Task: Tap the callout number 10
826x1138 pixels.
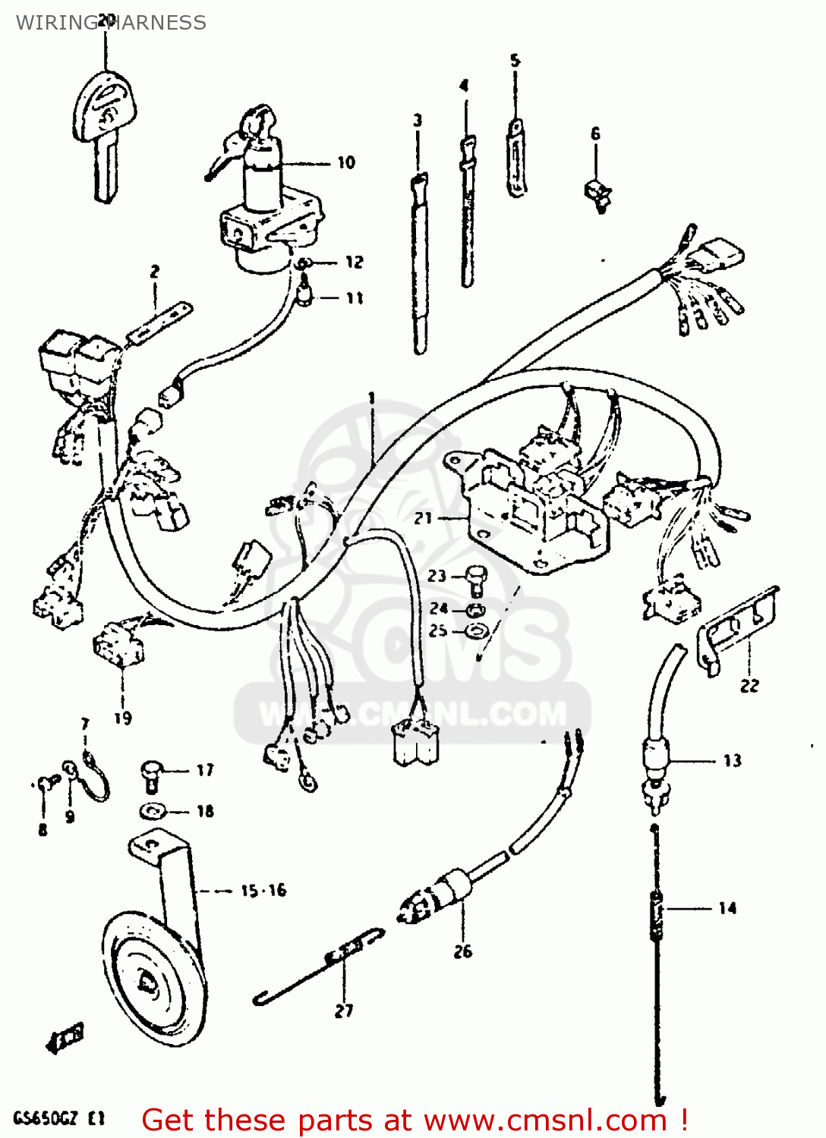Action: (346, 162)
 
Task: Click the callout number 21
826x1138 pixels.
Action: (423, 518)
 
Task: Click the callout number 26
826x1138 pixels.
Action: (462, 951)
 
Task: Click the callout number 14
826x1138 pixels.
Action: (727, 908)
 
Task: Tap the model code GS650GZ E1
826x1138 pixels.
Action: (58, 1118)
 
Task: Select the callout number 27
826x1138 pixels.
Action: (344, 1011)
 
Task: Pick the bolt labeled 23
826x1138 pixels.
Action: (475, 580)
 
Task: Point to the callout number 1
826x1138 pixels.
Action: (372, 398)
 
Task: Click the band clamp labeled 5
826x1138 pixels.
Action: (516, 159)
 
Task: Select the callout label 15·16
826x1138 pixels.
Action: (263, 891)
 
